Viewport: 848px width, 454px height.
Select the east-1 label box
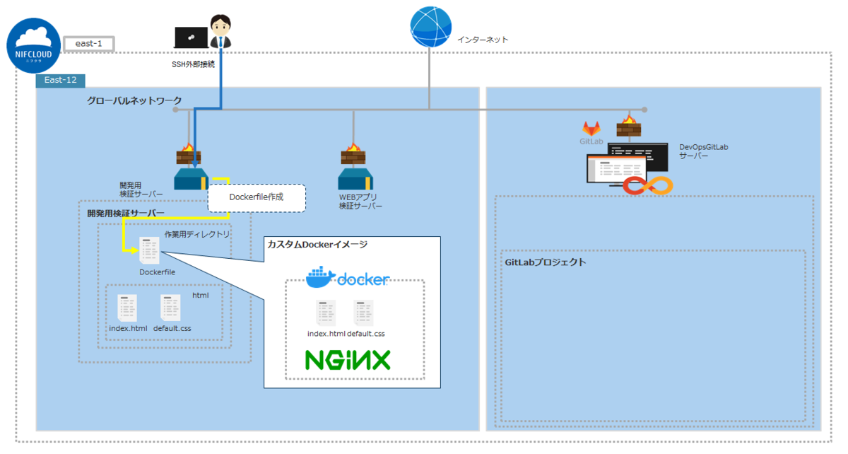(x=88, y=44)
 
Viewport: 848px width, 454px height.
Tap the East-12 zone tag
(x=60, y=81)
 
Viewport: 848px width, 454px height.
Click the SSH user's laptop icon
(x=191, y=36)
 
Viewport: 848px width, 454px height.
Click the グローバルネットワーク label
(x=134, y=100)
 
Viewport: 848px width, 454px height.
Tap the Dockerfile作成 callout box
(x=257, y=198)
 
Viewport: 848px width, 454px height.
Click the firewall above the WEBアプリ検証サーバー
(x=352, y=153)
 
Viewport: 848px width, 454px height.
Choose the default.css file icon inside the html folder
(x=170, y=308)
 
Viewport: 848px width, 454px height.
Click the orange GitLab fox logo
(x=591, y=129)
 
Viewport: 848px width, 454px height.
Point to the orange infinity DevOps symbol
(x=647, y=185)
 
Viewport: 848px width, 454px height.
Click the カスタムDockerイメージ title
(x=317, y=245)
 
